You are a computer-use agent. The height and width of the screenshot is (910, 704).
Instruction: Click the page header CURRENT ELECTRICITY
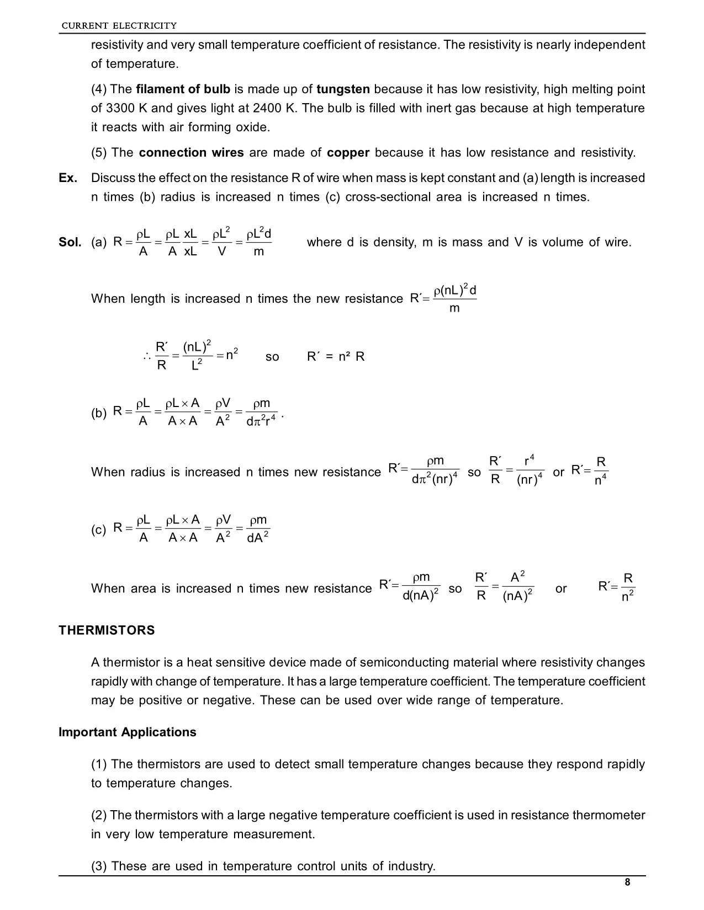[x=119, y=25]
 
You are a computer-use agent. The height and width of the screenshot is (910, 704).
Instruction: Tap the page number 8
[x=627, y=882]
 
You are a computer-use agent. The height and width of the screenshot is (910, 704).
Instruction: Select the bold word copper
[x=348, y=153]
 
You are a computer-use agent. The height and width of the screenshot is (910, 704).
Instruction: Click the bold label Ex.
[x=68, y=178]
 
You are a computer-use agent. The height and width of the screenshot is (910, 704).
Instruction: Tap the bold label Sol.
[x=70, y=242]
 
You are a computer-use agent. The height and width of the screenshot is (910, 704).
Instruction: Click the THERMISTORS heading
[x=107, y=630]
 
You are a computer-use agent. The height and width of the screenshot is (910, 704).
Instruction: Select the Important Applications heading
[x=128, y=732]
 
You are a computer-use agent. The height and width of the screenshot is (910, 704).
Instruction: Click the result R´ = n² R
[x=336, y=357]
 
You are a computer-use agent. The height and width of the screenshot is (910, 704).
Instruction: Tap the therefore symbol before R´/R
[x=146, y=357]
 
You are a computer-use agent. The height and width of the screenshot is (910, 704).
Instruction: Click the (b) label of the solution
[x=99, y=414]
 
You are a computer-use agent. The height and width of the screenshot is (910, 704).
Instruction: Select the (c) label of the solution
[x=99, y=530]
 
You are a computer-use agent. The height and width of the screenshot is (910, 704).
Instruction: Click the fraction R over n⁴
[x=601, y=471]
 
